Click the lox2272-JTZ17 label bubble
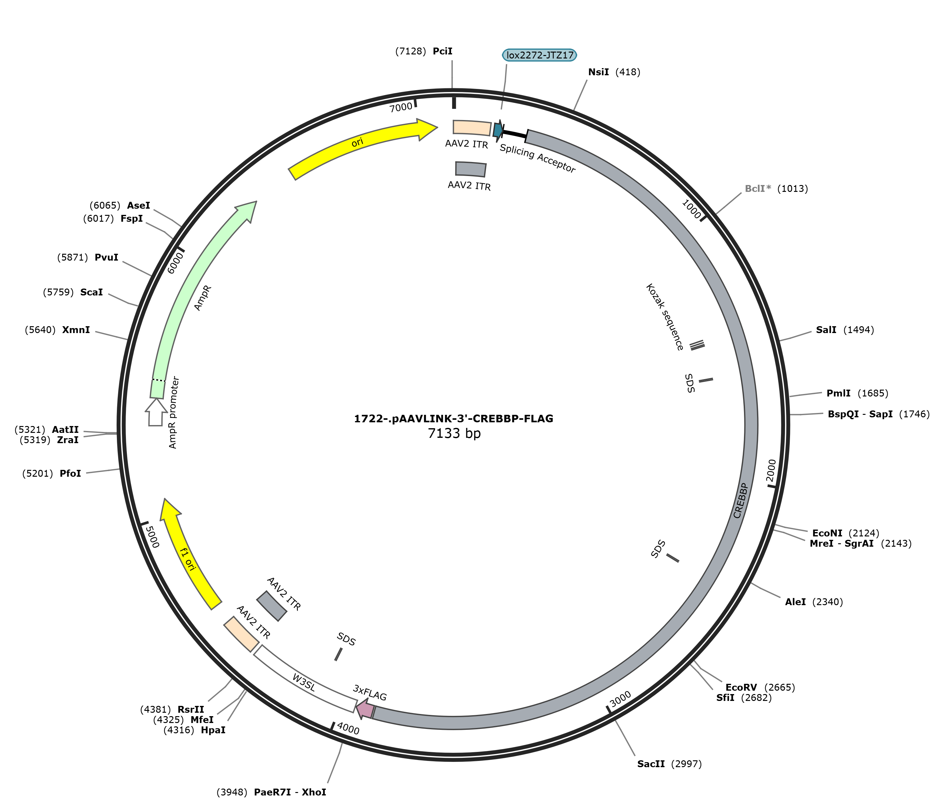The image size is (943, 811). tap(539, 55)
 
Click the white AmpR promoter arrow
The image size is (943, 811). tap(156, 412)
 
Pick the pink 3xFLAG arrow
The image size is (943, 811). tap(365, 709)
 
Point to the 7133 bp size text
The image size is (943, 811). tap(454, 433)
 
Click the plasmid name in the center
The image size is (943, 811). tap(454, 418)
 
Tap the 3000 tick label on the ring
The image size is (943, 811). tap(620, 699)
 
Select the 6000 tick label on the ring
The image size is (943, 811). tap(175, 263)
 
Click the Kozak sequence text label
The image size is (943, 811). tap(664, 317)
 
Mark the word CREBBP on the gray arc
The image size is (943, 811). tap(741, 501)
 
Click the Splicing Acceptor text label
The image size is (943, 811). tap(538, 158)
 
